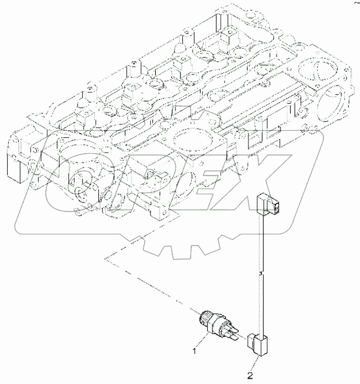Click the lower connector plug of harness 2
pyautogui.click(x=259, y=343)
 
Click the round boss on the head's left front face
pyautogui.click(x=82, y=179)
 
